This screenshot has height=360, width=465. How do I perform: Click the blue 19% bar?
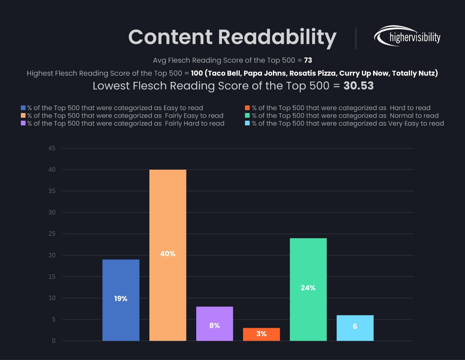[121, 300]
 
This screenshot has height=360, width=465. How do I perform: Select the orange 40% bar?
[168, 255]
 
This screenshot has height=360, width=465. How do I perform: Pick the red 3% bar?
[261, 334]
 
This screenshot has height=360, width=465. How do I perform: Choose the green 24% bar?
[308, 289]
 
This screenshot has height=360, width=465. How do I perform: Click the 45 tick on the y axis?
[52, 148]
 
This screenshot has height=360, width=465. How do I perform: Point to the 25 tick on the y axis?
[52, 234]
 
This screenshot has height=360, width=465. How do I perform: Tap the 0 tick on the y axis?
[54, 341]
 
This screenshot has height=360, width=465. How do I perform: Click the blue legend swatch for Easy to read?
[23, 108]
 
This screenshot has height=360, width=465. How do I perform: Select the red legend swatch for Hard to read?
[247, 108]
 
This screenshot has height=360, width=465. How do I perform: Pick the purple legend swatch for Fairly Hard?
[23, 123]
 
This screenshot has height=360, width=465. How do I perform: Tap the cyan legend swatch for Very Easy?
[247, 123]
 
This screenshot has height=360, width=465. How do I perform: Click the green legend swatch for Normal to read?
[247, 116]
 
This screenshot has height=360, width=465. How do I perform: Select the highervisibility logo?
[407, 36]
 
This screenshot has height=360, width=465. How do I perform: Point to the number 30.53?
[358, 85]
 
